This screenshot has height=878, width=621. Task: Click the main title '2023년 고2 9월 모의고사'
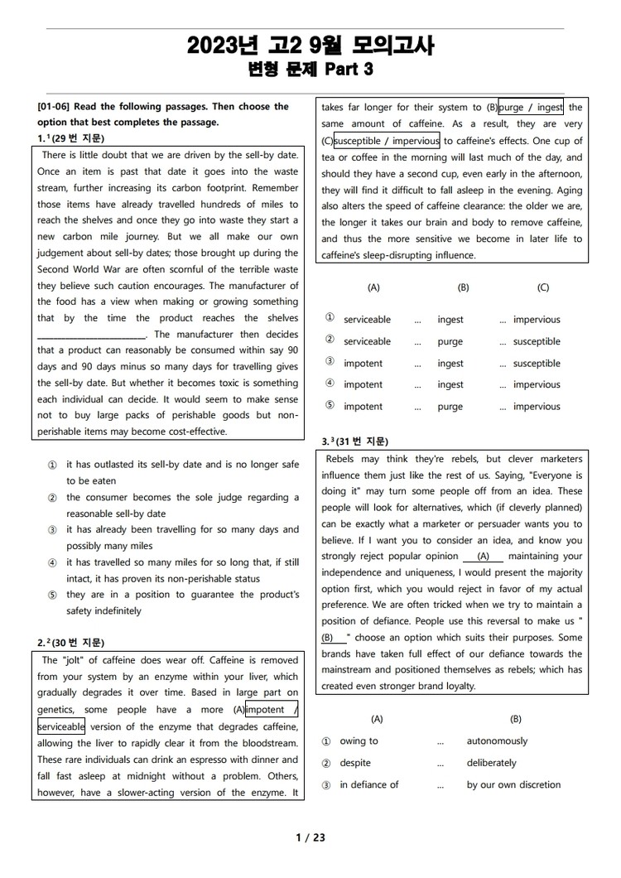[310, 46]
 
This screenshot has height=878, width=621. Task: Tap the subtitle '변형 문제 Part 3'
[310, 70]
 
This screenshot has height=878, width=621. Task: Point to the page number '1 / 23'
[310, 837]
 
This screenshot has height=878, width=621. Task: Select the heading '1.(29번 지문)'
[71, 138]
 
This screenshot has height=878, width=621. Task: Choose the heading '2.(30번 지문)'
[71, 643]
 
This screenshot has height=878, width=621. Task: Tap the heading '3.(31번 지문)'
[355, 441]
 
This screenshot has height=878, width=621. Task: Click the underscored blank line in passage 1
[92, 335]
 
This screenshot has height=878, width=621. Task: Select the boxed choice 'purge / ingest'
[531, 108]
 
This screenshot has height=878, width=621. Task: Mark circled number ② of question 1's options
[52, 498]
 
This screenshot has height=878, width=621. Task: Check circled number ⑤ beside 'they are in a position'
[52, 595]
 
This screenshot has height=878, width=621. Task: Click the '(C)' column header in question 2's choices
[542, 287]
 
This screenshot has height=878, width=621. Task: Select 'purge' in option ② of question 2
[450, 341]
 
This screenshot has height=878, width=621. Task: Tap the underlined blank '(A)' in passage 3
[484, 557]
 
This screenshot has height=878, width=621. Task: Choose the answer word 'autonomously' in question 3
[497, 741]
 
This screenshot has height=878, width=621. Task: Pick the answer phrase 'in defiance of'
[369, 784]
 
